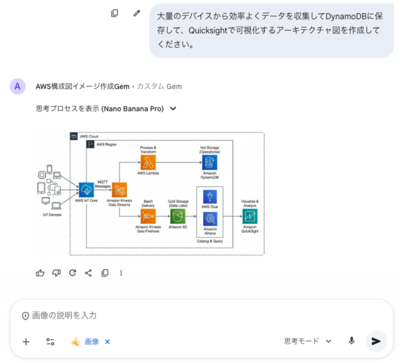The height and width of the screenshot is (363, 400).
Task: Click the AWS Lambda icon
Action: pyautogui.click(x=148, y=163)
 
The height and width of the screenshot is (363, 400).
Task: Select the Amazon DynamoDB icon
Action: pyautogui.click(x=209, y=163)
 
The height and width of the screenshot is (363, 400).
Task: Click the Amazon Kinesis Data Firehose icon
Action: pyautogui.click(x=148, y=216)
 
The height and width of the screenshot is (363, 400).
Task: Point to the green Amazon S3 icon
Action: pyautogui.click(x=178, y=216)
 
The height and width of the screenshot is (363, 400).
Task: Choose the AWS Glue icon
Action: pyautogui.click(x=210, y=197)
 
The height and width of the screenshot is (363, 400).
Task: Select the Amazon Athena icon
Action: pyautogui.click(x=210, y=220)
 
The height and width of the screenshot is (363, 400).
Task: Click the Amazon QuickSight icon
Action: pyautogui.click(x=250, y=216)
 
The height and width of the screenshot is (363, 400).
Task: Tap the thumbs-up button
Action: pyautogui.click(x=40, y=273)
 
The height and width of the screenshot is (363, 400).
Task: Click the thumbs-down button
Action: pyautogui.click(x=56, y=273)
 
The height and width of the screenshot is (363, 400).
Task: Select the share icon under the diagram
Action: pyautogui.click(x=88, y=273)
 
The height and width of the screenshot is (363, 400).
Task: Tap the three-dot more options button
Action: pyautogui.click(x=121, y=273)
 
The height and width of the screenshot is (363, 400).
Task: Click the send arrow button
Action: pyautogui.click(x=376, y=341)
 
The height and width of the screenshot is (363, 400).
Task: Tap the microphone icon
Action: pyautogui.click(x=352, y=341)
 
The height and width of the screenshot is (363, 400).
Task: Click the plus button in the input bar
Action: pyautogui.click(x=26, y=341)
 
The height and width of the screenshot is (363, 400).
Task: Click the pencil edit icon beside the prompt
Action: pyautogui.click(x=137, y=13)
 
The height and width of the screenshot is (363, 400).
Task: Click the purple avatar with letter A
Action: pyautogui.click(x=18, y=86)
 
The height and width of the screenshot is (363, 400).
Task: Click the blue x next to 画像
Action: pyautogui.click(x=107, y=341)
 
